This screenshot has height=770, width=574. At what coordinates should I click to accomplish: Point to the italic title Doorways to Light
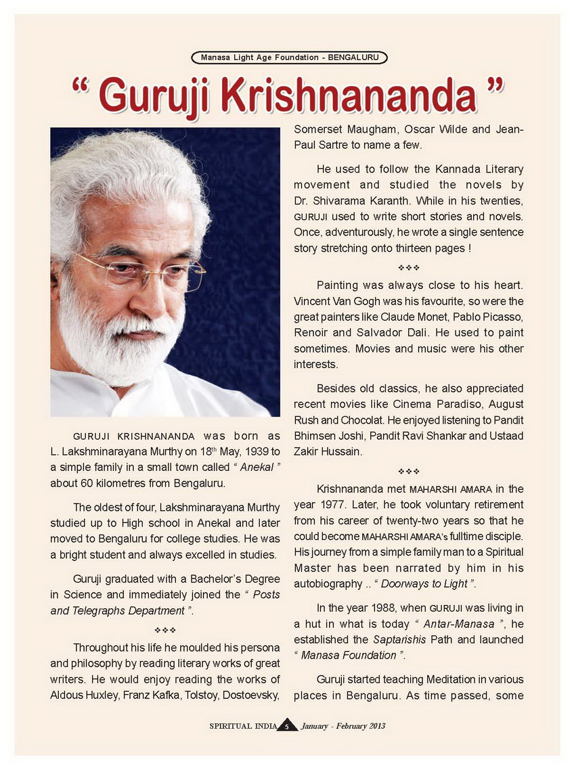click(426, 583)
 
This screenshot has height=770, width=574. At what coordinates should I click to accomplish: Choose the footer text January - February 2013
click(343, 727)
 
